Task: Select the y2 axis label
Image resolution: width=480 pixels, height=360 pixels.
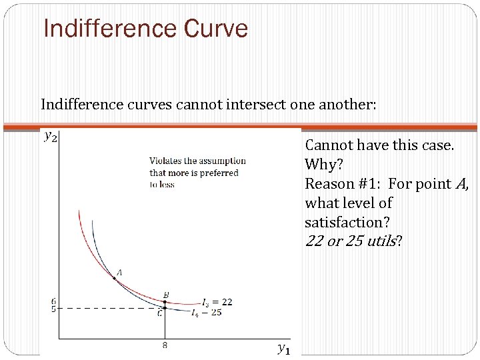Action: coord(50,136)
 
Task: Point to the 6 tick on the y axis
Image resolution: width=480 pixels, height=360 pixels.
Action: coord(53,301)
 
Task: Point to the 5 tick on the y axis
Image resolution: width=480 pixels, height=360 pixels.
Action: coord(53,309)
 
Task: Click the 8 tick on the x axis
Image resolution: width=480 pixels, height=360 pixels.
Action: coord(164,345)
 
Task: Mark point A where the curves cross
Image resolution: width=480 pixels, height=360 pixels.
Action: coord(114,278)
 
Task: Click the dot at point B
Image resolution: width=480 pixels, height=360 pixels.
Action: coord(165,302)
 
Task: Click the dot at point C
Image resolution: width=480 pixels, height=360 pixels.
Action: coord(165,308)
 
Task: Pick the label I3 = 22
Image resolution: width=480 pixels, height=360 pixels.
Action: coord(217,302)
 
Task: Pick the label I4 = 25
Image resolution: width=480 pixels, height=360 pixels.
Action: coord(207,312)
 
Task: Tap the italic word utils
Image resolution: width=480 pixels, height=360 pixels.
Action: coord(380,241)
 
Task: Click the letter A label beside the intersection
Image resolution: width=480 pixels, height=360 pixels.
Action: coord(120,271)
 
